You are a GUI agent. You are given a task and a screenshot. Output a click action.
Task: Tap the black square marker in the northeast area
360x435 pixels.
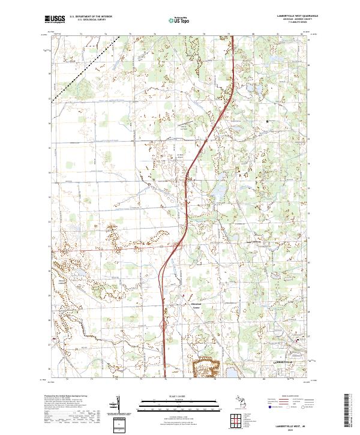coord(268,122)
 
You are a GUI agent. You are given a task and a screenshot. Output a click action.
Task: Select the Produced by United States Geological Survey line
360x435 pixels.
coord(66,397)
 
